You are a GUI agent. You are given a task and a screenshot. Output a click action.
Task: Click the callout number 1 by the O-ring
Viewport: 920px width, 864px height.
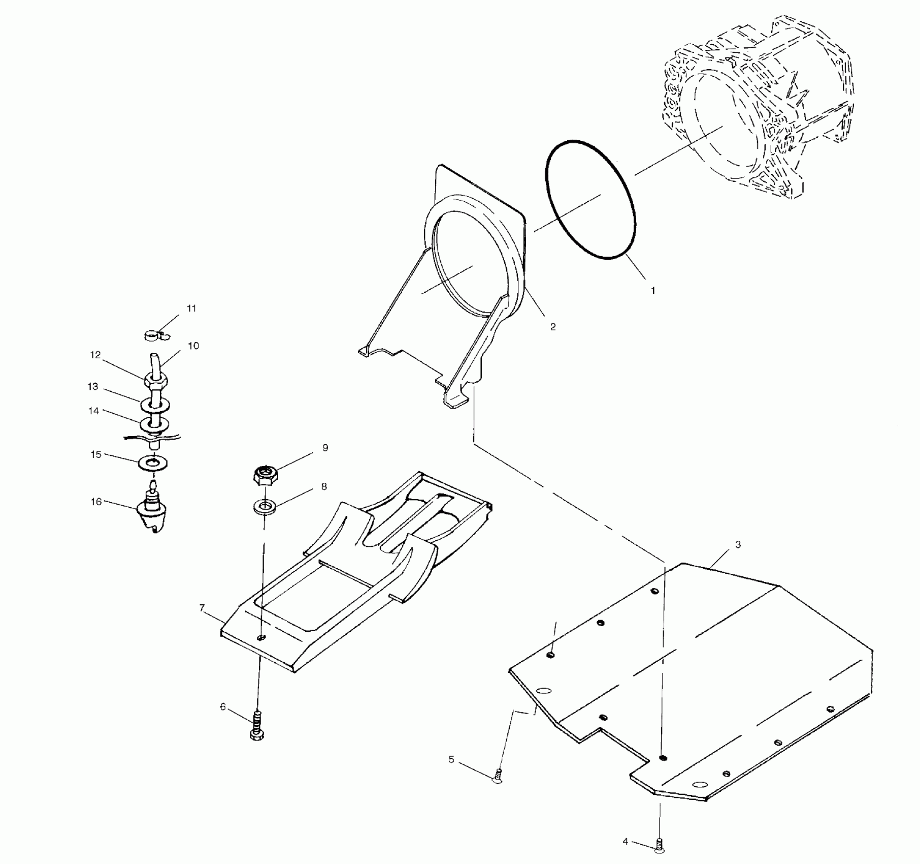(x=652, y=291)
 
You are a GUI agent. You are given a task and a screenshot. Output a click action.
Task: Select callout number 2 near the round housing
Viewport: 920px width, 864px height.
(x=553, y=327)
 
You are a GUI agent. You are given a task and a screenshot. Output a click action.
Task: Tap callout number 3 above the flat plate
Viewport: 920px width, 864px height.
(x=738, y=545)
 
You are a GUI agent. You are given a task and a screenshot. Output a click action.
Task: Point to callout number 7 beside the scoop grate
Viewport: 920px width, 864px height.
(x=202, y=608)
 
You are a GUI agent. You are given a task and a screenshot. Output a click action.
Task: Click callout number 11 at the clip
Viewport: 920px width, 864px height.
(x=191, y=308)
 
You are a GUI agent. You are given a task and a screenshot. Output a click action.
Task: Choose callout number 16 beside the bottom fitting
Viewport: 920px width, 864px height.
(x=96, y=502)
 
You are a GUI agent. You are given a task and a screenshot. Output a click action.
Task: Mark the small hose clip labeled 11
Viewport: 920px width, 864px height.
(x=154, y=335)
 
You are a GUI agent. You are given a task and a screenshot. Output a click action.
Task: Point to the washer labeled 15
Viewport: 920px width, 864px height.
(x=154, y=463)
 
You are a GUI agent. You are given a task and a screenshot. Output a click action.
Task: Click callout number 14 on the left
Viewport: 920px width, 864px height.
(x=94, y=411)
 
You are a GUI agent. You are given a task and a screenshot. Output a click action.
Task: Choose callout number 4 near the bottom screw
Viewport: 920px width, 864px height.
(x=626, y=842)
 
